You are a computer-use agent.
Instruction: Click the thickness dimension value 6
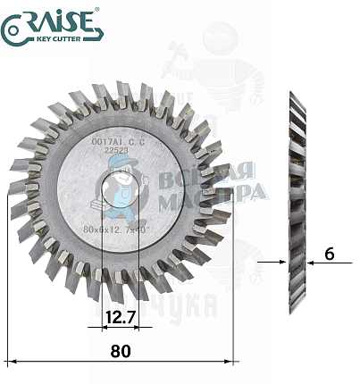(330, 255)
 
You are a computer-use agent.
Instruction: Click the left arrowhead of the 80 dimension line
(11, 362)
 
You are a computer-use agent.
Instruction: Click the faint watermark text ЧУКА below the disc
(183, 309)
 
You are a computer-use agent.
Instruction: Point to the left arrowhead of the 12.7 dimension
(96, 327)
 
